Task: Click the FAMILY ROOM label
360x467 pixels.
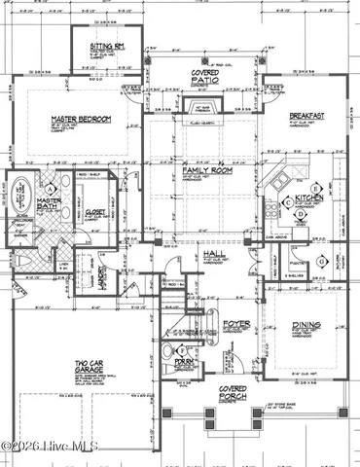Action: click(x=203, y=170)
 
